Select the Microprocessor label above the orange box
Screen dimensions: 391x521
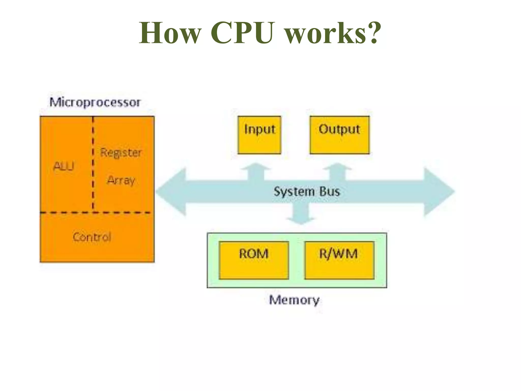coord(95,103)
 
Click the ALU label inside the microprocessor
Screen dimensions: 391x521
coord(64,166)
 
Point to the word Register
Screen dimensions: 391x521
coord(121,153)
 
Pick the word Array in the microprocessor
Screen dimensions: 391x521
coord(121,180)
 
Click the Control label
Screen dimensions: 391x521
coord(92,237)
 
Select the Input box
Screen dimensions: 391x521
coord(259,135)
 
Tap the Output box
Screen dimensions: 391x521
coord(339,135)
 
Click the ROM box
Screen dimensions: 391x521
coord(254,260)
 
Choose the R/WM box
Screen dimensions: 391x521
coord(339,260)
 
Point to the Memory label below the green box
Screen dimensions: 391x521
coord(294,300)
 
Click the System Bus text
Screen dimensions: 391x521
coord(307,191)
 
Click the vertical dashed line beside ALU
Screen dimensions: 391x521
coord(93,163)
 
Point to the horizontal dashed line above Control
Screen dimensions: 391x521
coord(97,212)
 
